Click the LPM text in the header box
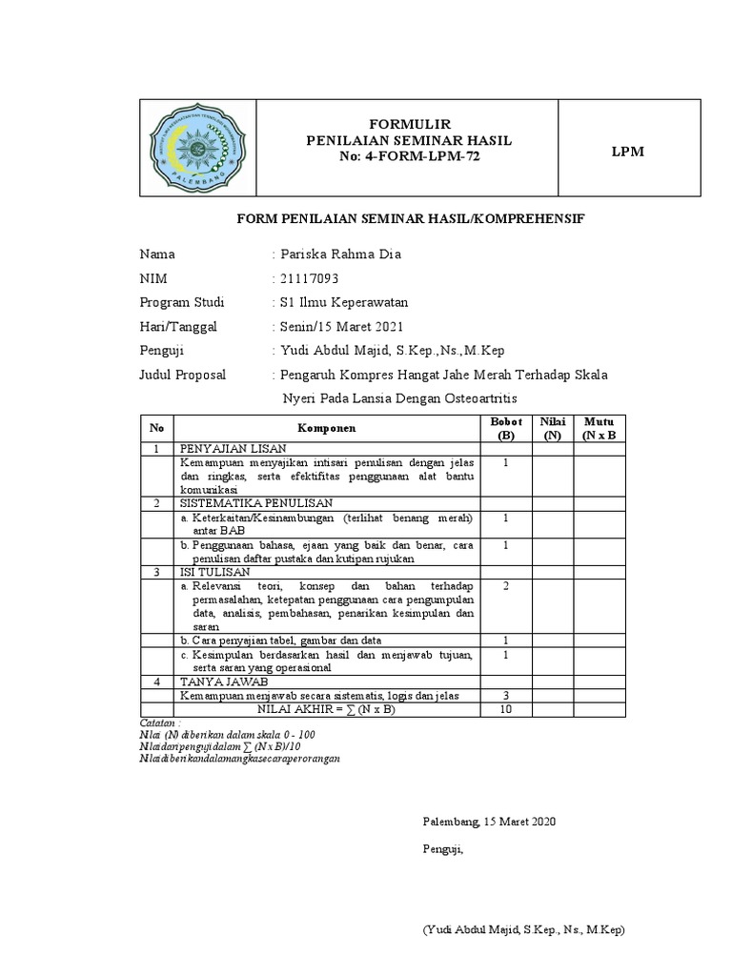627,152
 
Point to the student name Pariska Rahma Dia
340,254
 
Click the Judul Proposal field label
183,375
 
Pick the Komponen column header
326,428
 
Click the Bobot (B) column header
505,428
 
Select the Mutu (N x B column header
599,428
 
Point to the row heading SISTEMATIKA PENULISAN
253,502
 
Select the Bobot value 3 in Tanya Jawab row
505,696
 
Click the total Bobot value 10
505,709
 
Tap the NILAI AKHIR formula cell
326,709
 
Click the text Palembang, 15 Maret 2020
489,821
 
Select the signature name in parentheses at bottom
523,929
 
